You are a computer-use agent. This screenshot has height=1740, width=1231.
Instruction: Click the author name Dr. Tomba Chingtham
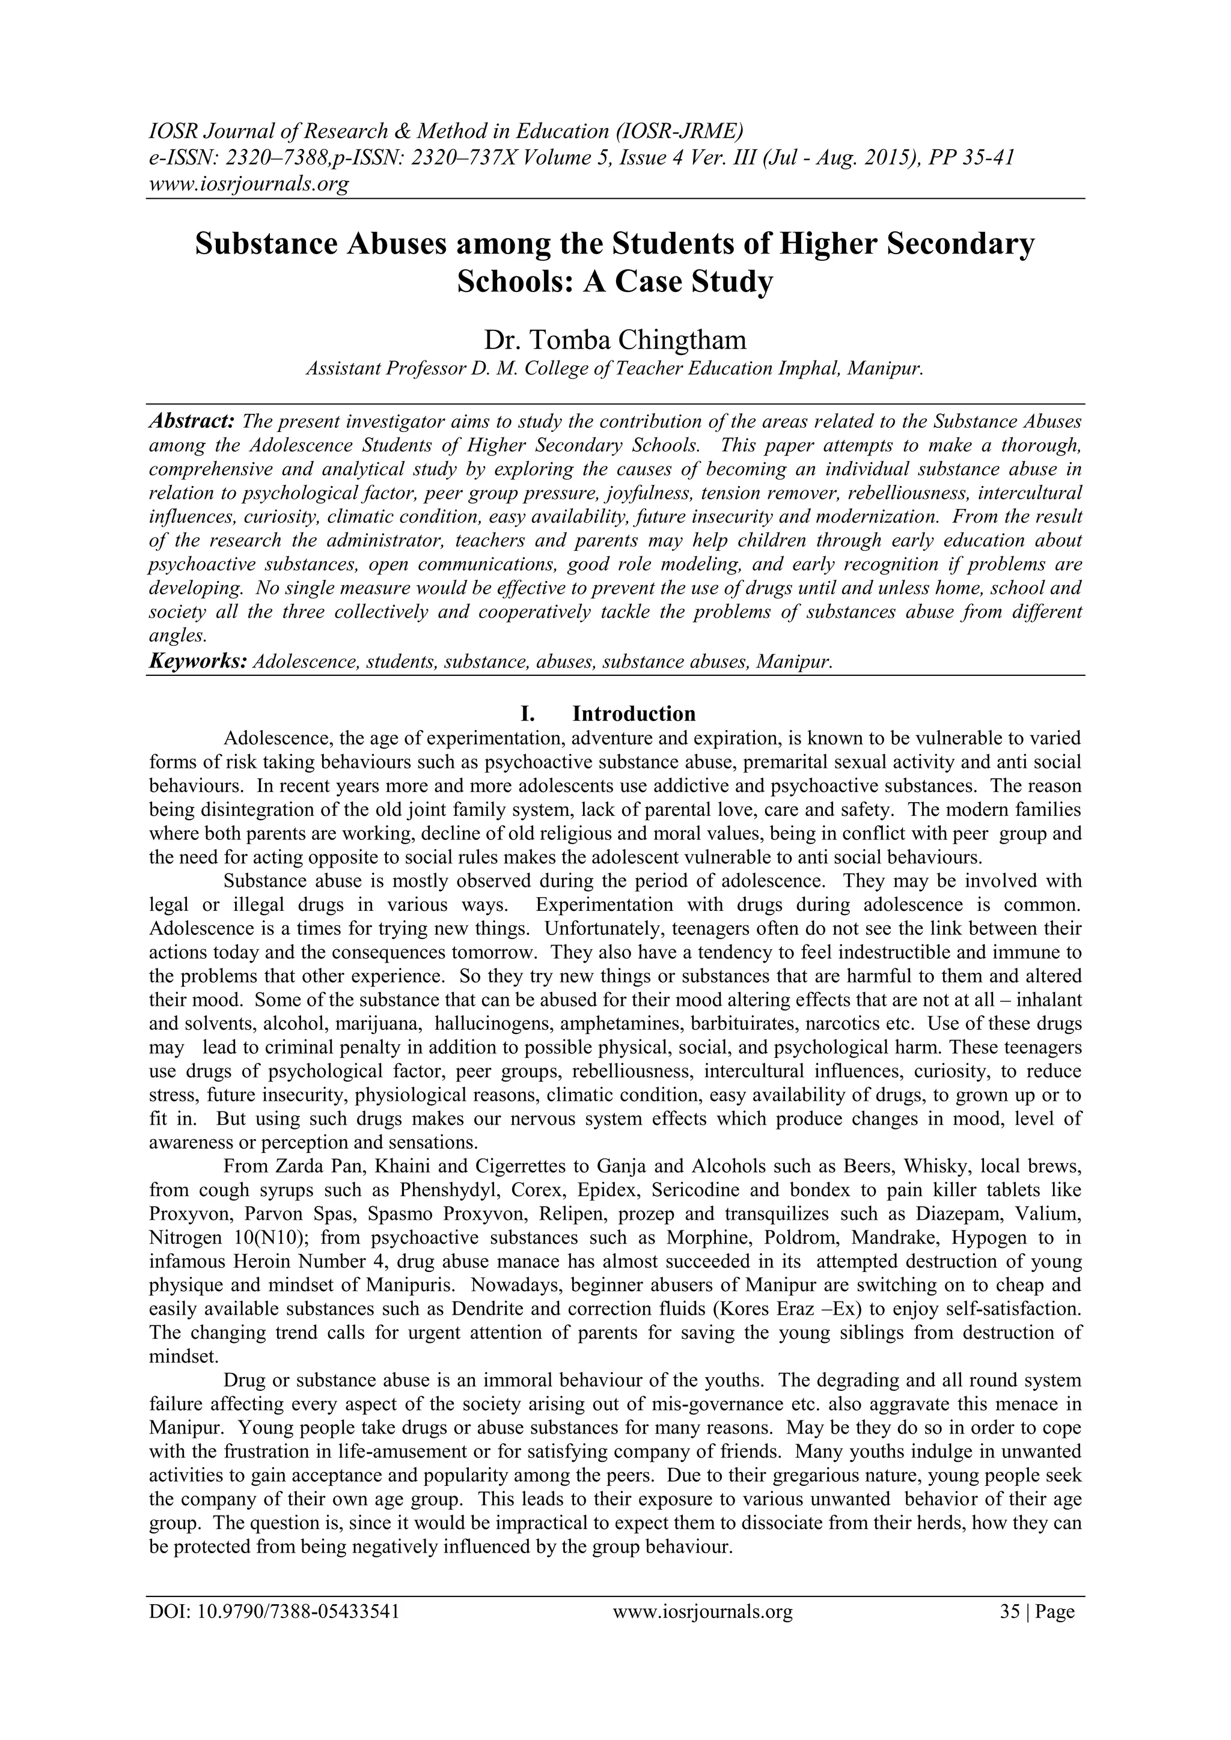tap(615, 340)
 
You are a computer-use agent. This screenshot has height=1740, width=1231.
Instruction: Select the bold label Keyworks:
tap(197, 662)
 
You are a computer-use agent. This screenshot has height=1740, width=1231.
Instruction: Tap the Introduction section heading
tap(633, 714)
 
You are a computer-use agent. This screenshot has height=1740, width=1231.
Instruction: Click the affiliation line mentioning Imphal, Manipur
tap(615, 369)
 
